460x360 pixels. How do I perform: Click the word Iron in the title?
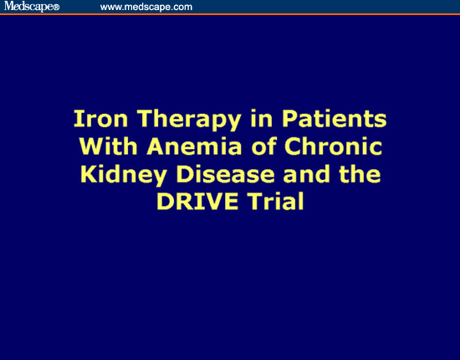(100, 119)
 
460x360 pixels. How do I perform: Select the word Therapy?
(189, 121)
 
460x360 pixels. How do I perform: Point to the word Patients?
(335, 119)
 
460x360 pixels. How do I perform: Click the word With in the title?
(108, 146)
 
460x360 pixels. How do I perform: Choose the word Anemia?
(194, 146)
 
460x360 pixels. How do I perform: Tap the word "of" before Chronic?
(264, 146)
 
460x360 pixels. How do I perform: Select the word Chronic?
(333, 146)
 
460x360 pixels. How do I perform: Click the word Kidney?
(124, 175)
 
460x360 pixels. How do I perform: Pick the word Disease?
(225, 173)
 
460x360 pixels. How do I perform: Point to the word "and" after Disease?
(306, 173)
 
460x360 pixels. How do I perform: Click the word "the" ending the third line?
(360, 173)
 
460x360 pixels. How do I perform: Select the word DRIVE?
(197, 201)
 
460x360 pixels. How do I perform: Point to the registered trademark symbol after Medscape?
(56, 8)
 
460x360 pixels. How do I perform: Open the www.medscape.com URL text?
(146, 7)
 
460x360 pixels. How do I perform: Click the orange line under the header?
(230, 14)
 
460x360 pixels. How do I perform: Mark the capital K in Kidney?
(89, 173)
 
